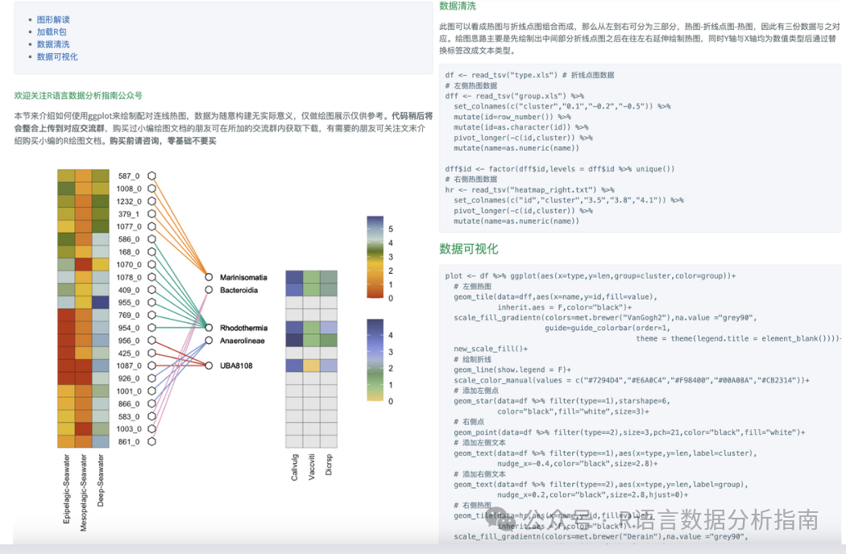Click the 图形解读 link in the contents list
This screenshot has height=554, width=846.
[53, 19]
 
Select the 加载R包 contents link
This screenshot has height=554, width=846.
[52, 32]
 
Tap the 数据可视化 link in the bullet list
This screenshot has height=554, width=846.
[57, 57]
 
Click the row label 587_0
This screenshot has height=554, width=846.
[129, 176]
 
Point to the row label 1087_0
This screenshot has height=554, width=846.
[129, 366]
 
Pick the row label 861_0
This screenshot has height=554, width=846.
[129, 441]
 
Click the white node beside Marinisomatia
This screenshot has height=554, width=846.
[209, 277]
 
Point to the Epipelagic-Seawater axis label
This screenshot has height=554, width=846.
[67, 489]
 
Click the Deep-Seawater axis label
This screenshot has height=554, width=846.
[101, 482]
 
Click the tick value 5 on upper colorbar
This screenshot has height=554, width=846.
[391, 229]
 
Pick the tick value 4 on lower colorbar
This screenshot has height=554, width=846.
[391, 335]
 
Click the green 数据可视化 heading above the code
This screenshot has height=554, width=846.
[468, 249]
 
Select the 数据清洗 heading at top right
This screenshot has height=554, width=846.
[457, 6]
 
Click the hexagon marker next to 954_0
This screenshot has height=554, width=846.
[151, 328]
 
